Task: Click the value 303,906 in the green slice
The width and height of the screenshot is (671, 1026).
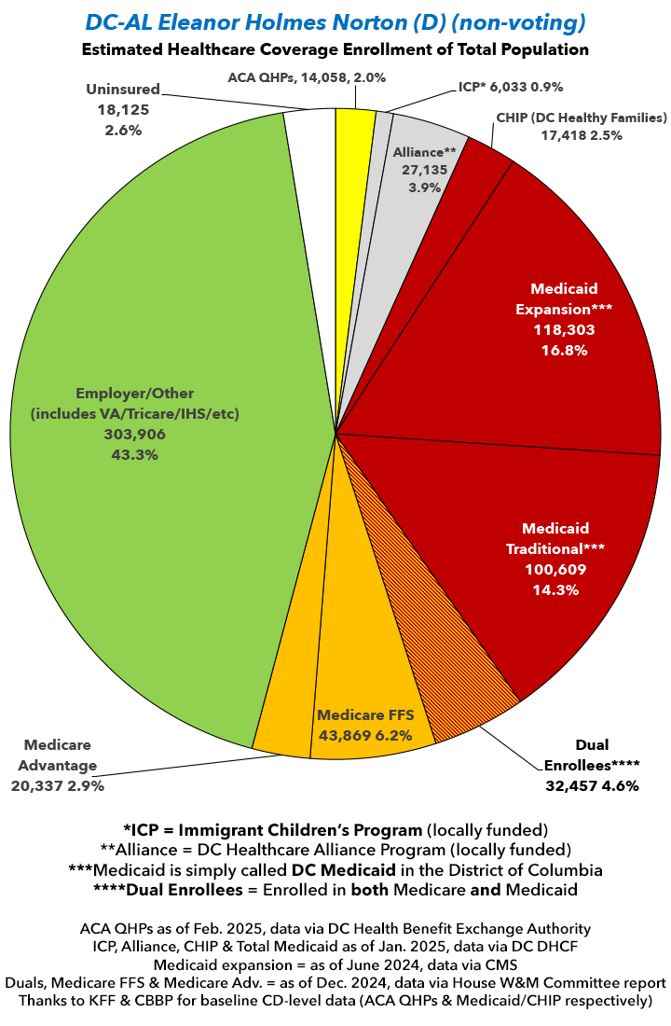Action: click(x=135, y=434)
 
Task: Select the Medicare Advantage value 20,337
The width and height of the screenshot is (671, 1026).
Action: click(x=40, y=785)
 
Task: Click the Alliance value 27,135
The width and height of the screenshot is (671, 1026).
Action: click(x=423, y=170)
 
